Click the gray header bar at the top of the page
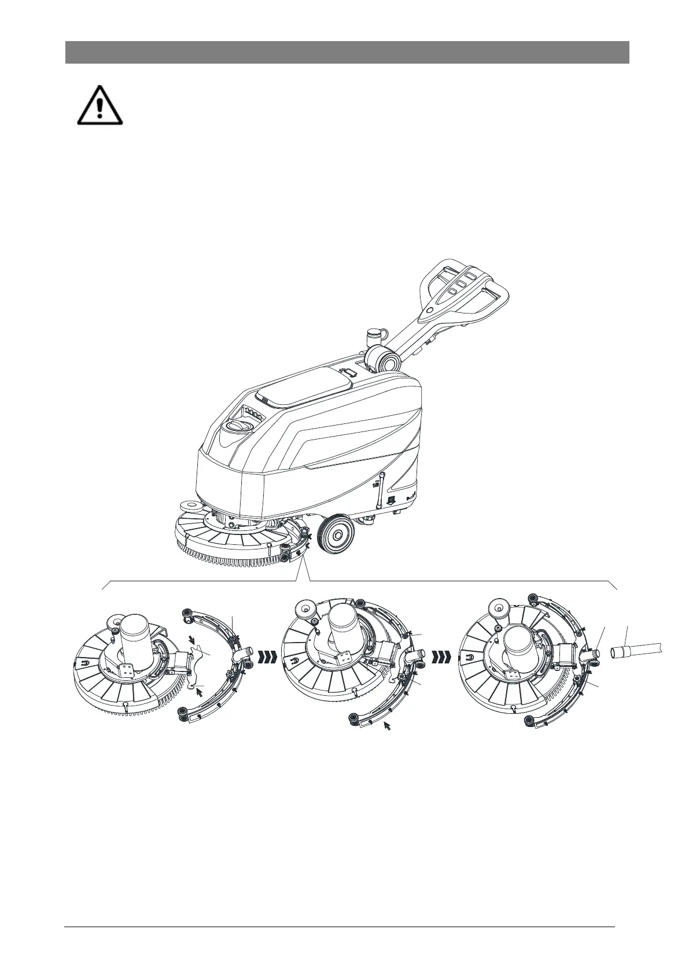tap(347, 52)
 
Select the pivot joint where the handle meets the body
tap(383, 360)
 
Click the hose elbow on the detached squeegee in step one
tap(239, 655)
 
